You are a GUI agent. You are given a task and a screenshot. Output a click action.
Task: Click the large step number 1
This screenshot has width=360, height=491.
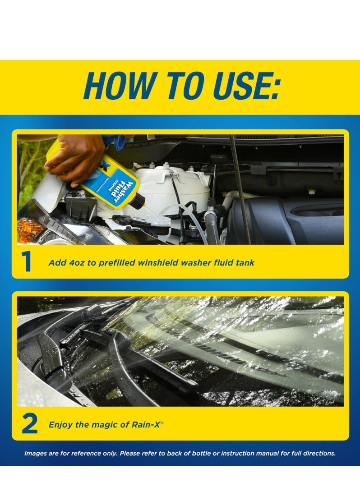[27, 262]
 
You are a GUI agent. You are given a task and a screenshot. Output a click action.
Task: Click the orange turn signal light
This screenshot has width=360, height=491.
[29, 230]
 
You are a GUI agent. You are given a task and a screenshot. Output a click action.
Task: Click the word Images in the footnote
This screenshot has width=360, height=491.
[36, 453]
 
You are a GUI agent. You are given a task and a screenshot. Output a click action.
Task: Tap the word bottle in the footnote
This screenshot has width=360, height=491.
[201, 453]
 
